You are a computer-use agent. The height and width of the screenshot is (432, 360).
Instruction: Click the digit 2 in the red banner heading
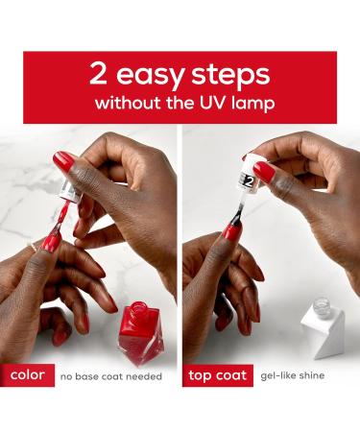pyautogui.click(x=98, y=73)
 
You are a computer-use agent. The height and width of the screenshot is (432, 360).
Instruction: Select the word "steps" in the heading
pyautogui.click(x=230, y=75)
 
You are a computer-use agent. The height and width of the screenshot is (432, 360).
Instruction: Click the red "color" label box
pyautogui.click(x=27, y=375)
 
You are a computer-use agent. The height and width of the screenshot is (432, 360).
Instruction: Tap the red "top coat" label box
pyautogui.click(x=218, y=375)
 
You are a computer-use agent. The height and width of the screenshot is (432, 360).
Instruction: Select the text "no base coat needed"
pyautogui.click(x=111, y=376)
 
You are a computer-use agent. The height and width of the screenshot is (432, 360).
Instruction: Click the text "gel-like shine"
pyautogui.click(x=293, y=375)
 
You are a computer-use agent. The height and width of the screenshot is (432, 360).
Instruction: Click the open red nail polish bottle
pyautogui.click(x=140, y=332)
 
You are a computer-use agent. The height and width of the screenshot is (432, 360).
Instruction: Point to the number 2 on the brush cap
pyautogui.click(x=249, y=181)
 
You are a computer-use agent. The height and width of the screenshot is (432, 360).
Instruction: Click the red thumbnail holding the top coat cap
pyautogui.click(x=264, y=172)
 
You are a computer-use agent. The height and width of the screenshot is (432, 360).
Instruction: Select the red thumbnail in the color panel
pyautogui.click(x=63, y=161)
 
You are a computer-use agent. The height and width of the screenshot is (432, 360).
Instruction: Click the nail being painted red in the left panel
pyautogui.click(x=50, y=242)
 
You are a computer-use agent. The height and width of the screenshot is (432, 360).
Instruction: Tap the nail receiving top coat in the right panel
pyautogui.click(x=232, y=232)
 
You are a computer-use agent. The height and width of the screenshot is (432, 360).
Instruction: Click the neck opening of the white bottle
pyautogui.click(x=321, y=302)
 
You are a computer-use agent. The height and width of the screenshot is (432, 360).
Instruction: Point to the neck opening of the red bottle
pyautogui.click(x=138, y=305)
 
